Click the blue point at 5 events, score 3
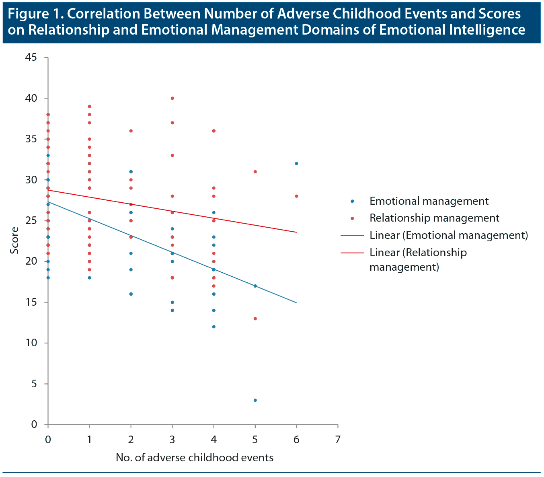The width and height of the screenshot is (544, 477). (x=255, y=400)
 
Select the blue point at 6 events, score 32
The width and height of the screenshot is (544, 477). (x=296, y=163)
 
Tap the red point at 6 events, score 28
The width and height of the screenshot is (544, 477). (x=296, y=196)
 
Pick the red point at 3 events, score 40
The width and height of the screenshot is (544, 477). (x=172, y=98)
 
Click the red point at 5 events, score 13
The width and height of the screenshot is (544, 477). (x=255, y=319)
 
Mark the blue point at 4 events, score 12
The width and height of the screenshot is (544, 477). (x=214, y=327)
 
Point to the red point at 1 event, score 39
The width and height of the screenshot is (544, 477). (x=90, y=107)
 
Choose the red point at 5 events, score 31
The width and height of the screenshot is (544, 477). (x=255, y=172)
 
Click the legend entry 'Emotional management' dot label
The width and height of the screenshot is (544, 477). (x=429, y=201)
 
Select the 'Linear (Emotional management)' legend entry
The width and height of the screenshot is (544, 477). (x=448, y=235)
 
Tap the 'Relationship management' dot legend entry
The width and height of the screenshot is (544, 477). (x=434, y=218)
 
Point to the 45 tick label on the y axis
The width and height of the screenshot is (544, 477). (x=31, y=58)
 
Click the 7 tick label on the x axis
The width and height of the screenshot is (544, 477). (x=338, y=439)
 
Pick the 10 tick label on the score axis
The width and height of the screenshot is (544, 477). (x=31, y=343)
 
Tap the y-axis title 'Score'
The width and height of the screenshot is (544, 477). (x=15, y=241)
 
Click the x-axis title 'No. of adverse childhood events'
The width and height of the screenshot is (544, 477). (x=195, y=458)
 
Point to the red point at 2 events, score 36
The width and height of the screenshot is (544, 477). (x=131, y=131)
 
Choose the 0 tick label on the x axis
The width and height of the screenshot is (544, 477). (x=48, y=439)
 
